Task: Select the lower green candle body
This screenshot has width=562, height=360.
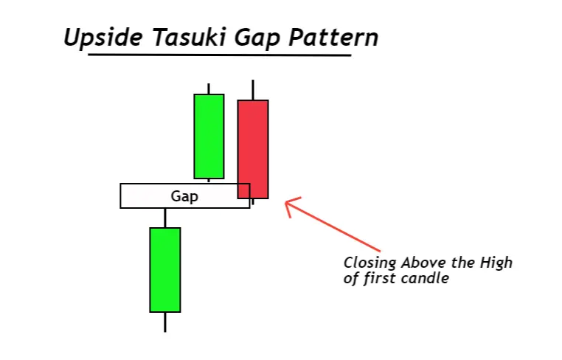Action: click(x=164, y=269)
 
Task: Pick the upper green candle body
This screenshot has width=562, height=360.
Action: click(x=209, y=136)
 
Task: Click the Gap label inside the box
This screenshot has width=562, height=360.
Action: click(x=184, y=196)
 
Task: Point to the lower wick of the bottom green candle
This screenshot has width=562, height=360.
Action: click(x=164, y=322)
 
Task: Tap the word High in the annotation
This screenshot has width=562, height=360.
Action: click(x=496, y=263)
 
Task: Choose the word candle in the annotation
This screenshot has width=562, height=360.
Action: click(x=426, y=279)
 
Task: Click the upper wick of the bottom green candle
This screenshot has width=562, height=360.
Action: click(x=164, y=218)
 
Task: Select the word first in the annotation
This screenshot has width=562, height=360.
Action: click(x=381, y=279)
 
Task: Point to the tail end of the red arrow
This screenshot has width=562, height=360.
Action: click(x=380, y=251)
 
